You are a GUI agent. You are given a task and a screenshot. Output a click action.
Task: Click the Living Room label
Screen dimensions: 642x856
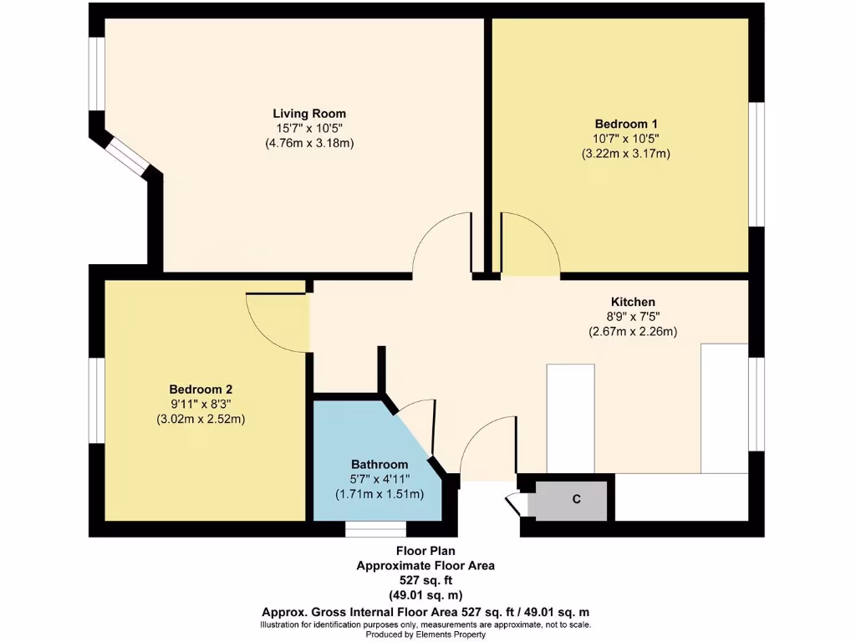coord(309,114)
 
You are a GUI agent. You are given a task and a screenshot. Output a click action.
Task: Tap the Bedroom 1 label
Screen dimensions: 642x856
coord(625,124)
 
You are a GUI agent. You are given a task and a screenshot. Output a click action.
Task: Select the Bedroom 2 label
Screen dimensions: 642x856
coord(201,389)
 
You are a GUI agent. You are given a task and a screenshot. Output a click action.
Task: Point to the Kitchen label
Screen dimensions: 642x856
coord(632,302)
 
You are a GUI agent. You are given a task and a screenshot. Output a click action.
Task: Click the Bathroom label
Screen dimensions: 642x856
coord(380,464)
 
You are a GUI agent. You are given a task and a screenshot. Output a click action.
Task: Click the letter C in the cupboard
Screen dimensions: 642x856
coord(576,500)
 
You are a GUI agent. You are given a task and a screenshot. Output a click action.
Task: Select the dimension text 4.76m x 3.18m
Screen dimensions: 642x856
coord(309,143)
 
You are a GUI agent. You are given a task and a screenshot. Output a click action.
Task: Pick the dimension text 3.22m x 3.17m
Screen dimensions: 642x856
coord(625,153)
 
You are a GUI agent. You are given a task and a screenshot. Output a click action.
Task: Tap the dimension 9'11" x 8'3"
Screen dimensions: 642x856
coord(201,404)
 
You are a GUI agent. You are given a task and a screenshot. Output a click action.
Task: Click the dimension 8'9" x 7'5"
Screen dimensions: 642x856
coord(632,316)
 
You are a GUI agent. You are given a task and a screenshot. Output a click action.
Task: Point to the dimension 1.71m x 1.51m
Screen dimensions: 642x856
coord(380,494)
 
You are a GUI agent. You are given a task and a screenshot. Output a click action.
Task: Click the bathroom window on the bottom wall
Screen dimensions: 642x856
coord(375,529)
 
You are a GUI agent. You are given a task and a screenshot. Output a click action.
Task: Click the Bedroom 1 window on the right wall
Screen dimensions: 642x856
coord(756,164)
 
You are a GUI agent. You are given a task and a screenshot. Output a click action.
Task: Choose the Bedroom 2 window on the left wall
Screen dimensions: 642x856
coord(97,400)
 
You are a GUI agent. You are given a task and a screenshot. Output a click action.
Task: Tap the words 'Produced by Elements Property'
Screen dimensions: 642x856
coord(425,634)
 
